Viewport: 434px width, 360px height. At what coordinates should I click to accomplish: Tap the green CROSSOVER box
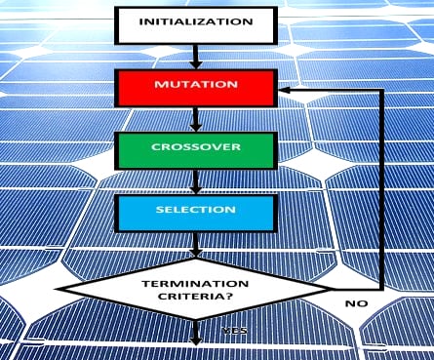tap(195, 149)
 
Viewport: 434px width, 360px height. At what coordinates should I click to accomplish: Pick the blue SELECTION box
tap(195, 212)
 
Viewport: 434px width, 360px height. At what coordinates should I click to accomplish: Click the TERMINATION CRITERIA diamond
tap(195, 288)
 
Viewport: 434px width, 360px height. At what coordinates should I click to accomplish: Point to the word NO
tap(357, 304)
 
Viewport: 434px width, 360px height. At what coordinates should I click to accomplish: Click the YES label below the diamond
tap(234, 331)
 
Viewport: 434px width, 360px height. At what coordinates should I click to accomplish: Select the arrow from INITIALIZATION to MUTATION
tap(195, 57)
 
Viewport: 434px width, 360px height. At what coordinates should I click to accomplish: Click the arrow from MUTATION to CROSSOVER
tap(195, 119)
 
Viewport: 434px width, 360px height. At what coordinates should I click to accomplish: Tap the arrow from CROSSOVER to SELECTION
tap(195, 181)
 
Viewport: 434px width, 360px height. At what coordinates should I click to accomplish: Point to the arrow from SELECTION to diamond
tap(195, 244)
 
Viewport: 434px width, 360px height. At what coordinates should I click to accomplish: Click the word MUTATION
tap(195, 85)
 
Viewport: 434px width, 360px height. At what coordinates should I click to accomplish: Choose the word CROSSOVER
tap(195, 146)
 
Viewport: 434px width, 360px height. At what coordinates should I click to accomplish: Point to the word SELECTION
tap(195, 209)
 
